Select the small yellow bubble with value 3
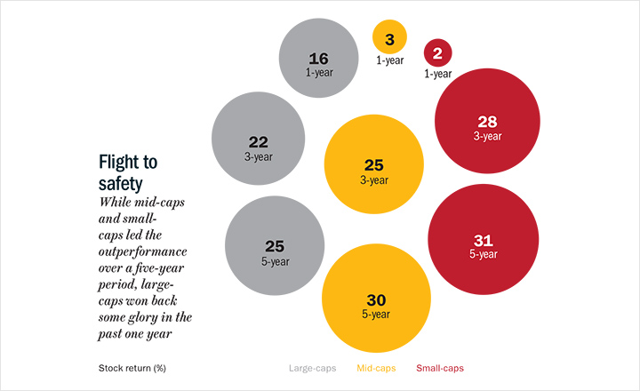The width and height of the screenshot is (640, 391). pyautogui.click(x=389, y=39)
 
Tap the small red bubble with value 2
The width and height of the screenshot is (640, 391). pyautogui.click(x=437, y=52)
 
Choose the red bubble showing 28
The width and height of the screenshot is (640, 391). pyautogui.click(x=486, y=124)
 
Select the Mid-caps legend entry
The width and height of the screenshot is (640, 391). pyautogui.click(x=377, y=367)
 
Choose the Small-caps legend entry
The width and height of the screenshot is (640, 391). pyautogui.click(x=440, y=367)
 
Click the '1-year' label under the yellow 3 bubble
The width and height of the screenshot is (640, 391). pyautogui.click(x=389, y=60)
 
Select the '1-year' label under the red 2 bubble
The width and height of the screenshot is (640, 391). pyautogui.click(x=437, y=74)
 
